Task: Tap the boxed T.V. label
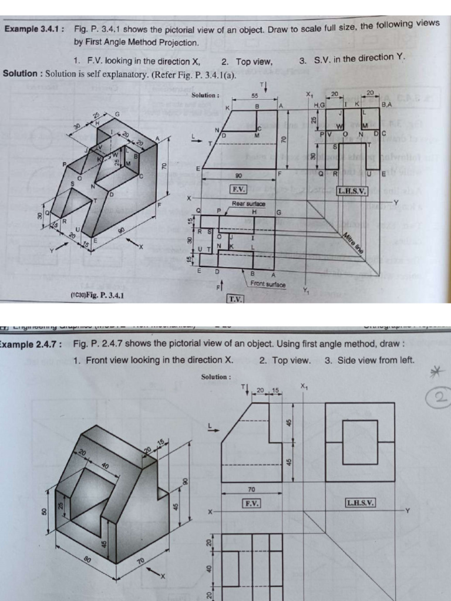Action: click(235, 299)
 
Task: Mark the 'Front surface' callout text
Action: click(268, 284)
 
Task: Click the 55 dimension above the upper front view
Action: click(255, 95)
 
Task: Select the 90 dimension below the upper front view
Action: click(238, 175)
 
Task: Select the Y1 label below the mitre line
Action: click(305, 290)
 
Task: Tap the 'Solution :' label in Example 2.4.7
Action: click(216, 377)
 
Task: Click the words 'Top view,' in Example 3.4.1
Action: click(254, 62)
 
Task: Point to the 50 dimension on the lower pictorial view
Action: click(43, 512)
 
